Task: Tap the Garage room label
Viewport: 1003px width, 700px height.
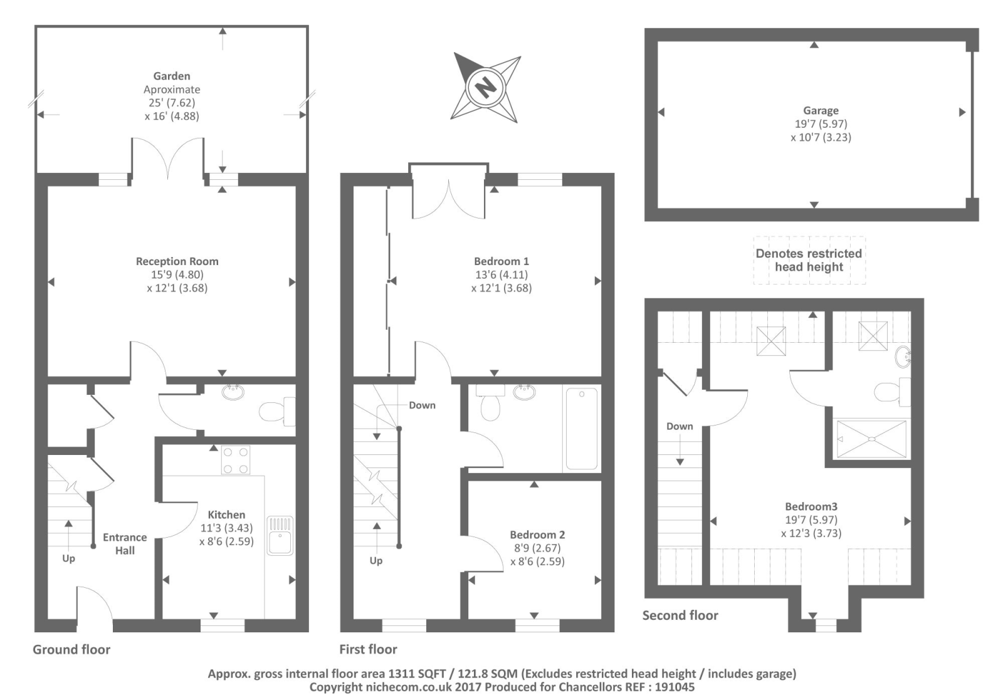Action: [x=821, y=110]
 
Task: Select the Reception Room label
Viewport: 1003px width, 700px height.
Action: [x=177, y=261]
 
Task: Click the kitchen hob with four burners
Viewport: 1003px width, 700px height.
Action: [x=236, y=460]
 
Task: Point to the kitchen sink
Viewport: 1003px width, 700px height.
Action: [x=280, y=536]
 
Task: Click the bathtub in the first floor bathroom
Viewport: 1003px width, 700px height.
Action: [x=582, y=429]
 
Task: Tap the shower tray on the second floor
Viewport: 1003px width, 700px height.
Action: [x=871, y=439]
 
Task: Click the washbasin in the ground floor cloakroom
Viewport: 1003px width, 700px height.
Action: [x=233, y=392]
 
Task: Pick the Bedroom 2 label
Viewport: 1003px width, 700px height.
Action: [x=537, y=535]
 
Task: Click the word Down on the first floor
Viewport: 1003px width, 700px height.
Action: [x=423, y=405]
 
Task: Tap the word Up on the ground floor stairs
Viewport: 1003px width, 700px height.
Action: [x=68, y=558]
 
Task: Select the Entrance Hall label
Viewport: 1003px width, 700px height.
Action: [x=125, y=544]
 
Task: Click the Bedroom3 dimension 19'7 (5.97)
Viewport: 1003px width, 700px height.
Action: [x=811, y=520]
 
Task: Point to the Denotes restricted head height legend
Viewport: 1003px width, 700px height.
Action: [x=809, y=260]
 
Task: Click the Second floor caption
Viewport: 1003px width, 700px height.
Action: [x=680, y=615]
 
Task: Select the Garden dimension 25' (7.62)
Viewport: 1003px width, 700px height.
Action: [x=172, y=103]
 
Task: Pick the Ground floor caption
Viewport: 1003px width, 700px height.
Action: [x=71, y=649]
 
